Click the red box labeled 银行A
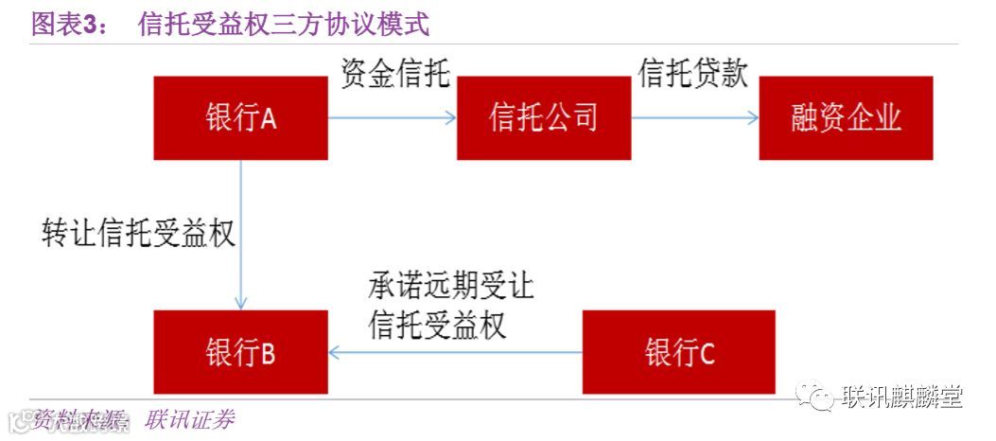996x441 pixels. point(240,118)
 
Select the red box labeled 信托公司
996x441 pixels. point(544,118)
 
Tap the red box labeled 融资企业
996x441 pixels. point(846,118)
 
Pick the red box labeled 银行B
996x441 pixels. point(240,352)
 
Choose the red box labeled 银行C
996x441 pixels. point(678,352)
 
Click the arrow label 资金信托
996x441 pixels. point(395,75)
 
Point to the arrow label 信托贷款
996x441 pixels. point(693,75)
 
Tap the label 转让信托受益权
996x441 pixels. point(138,233)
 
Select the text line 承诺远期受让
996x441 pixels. point(451,286)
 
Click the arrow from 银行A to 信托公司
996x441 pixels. point(392,118)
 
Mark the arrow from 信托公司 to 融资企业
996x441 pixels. point(695,118)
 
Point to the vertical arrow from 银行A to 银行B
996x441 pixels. point(241,235)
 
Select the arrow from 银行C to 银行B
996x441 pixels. point(455,352)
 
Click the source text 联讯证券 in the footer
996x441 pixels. point(189,420)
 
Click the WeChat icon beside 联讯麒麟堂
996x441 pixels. point(814,398)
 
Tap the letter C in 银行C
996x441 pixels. point(707,353)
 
